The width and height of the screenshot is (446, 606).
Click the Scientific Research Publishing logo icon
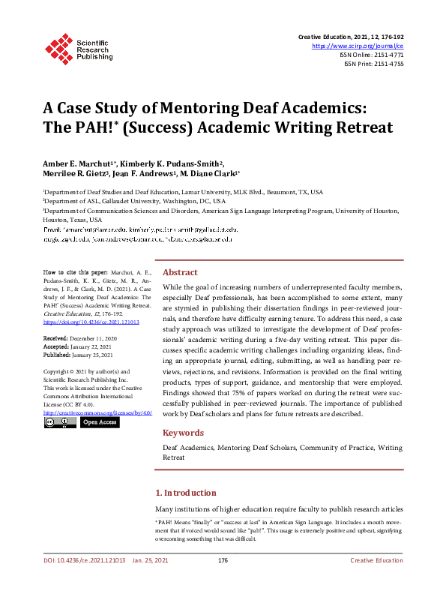coord(56,46)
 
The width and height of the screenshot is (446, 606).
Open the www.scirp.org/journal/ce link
coord(362,46)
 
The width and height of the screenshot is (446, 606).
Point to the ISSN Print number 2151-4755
coord(388,64)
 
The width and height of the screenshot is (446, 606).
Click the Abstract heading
coord(180,272)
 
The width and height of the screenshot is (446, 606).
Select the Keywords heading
coord(183,433)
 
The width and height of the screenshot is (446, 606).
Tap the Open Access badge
coord(99,422)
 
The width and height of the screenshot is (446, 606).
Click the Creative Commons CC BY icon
coord(59,422)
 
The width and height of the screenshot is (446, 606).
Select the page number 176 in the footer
coord(223,582)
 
